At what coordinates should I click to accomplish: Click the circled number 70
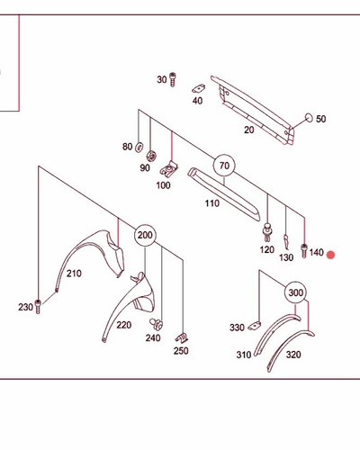224,166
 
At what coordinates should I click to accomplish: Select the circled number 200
145,235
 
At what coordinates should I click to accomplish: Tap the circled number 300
295,292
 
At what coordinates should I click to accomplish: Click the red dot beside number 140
330,255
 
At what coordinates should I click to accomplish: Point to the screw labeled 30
173,79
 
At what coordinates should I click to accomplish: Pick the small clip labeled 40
199,88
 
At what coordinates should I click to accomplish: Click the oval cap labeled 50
309,118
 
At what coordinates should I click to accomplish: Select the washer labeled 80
139,148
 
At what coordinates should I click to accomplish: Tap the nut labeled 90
151,157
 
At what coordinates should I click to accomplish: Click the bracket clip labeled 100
169,169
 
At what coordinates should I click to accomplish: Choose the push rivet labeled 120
267,232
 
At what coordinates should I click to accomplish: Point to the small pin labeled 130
286,242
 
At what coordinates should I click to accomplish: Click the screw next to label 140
304,251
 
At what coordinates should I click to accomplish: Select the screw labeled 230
38,307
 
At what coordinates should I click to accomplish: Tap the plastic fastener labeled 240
157,324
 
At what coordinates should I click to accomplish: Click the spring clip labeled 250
182,338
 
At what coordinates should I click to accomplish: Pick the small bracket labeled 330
255,326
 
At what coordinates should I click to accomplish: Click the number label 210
74,274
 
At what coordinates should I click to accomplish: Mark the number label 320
293,355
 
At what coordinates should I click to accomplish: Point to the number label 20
249,130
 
